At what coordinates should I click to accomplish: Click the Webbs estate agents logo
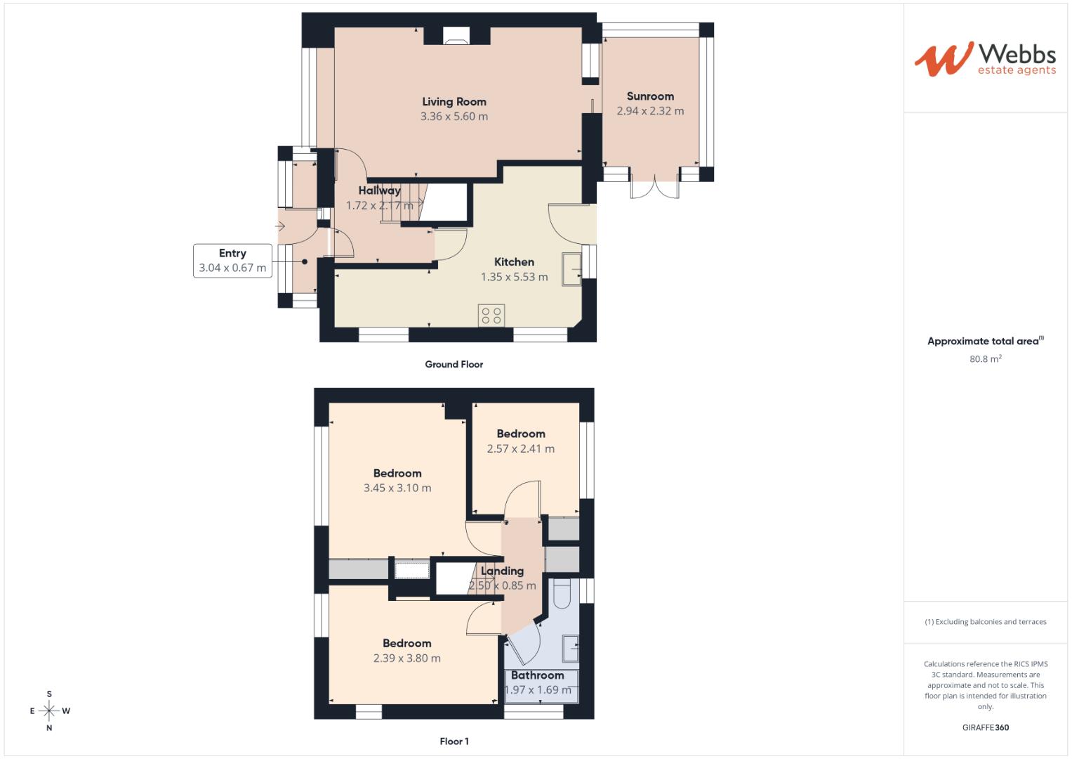pos(984,59)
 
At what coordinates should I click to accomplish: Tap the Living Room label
pos(454,102)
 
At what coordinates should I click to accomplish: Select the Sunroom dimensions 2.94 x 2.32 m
pos(650,111)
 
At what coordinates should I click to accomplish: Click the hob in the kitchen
pos(491,316)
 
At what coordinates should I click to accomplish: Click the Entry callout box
pos(232,261)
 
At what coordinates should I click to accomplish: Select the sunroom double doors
pos(654,188)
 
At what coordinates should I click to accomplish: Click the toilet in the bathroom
pos(562,595)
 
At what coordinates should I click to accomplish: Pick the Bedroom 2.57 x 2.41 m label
pos(521,434)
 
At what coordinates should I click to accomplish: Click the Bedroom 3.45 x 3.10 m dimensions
pos(397,488)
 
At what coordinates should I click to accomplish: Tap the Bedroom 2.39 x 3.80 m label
pos(406,644)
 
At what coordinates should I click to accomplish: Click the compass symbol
pos(49,711)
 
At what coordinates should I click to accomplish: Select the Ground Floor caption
pos(454,364)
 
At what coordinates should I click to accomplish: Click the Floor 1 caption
pos(454,741)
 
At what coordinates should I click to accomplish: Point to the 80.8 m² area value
pos(985,359)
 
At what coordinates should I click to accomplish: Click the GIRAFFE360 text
pos(985,727)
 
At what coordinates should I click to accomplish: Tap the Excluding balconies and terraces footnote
pos(985,622)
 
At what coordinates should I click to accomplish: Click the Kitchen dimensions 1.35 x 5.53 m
pos(514,277)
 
